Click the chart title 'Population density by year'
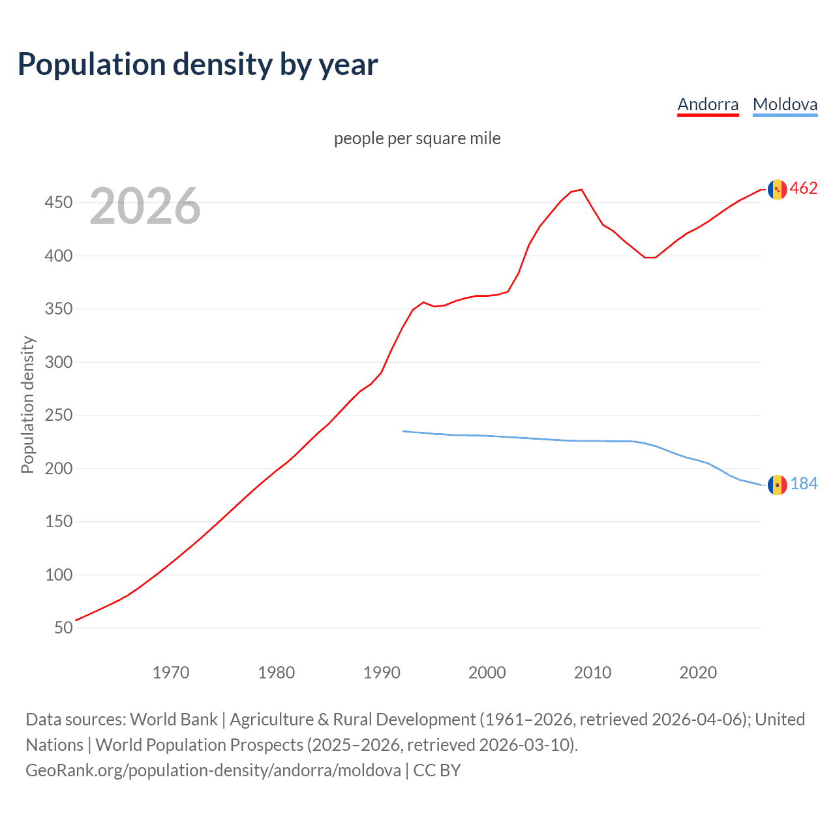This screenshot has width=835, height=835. (198, 65)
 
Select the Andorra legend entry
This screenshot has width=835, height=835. (708, 104)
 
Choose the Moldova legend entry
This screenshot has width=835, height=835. (785, 104)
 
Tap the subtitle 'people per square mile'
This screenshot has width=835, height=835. (417, 138)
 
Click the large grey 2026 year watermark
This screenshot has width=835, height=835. (145, 206)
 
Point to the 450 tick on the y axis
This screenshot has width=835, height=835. (59, 203)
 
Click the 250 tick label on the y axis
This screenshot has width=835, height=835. (59, 416)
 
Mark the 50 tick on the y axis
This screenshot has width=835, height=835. (63, 628)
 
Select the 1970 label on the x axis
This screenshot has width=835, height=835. (171, 673)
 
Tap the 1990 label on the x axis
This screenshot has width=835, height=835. (382, 673)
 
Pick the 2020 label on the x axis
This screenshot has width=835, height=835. (698, 673)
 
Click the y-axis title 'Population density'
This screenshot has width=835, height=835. (27, 404)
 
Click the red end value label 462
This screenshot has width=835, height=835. (804, 189)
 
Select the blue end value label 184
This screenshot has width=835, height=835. (804, 483)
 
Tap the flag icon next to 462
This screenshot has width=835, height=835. (777, 189)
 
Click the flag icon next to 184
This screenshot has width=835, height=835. (777, 485)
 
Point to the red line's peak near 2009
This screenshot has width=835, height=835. (581, 190)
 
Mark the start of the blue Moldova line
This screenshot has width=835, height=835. (403, 431)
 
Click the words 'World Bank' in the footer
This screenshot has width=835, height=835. (174, 720)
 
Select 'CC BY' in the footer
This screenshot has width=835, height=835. (437, 770)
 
